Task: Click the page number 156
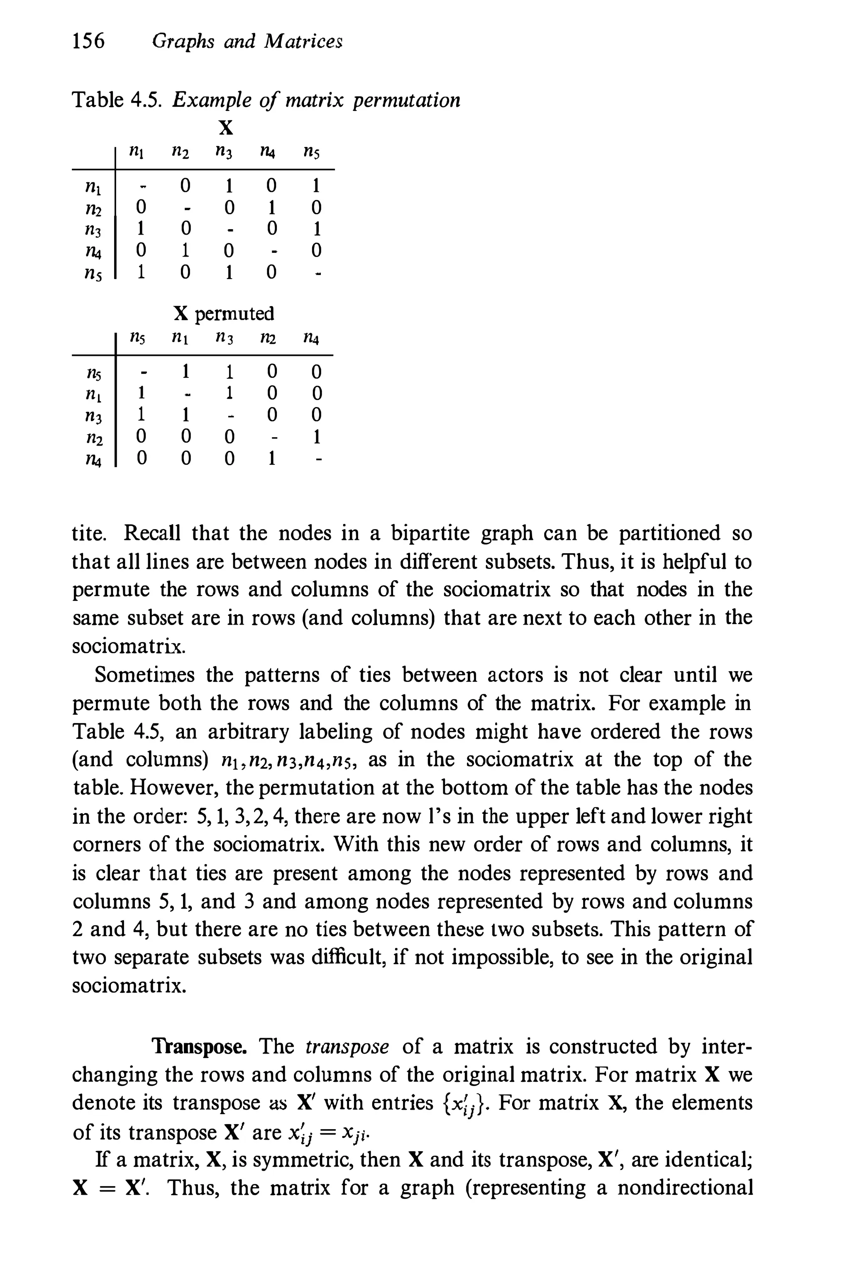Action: tap(88, 41)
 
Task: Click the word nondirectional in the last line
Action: tap(685, 1188)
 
